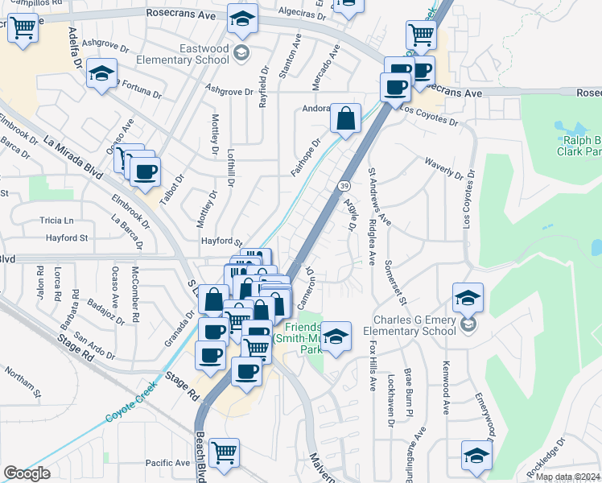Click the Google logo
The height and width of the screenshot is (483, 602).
click(27, 473)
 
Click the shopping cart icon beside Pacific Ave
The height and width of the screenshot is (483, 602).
click(223, 452)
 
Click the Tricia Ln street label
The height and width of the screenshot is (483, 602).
click(56, 221)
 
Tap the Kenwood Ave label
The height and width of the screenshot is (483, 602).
click(444, 387)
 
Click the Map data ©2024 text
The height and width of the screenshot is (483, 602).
click(567, 477)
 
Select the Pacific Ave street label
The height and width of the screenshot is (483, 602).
click(167, 463)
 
